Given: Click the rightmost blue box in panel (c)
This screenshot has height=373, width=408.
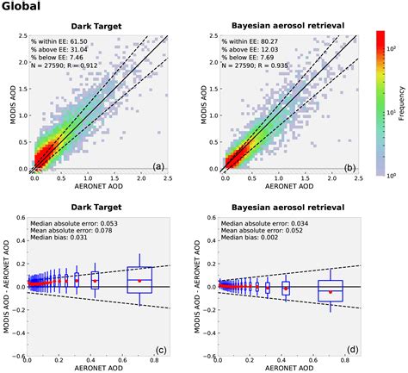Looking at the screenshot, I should [x=139, y=280].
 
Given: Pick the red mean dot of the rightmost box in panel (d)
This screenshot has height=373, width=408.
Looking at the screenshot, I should [x=330, y=292].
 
